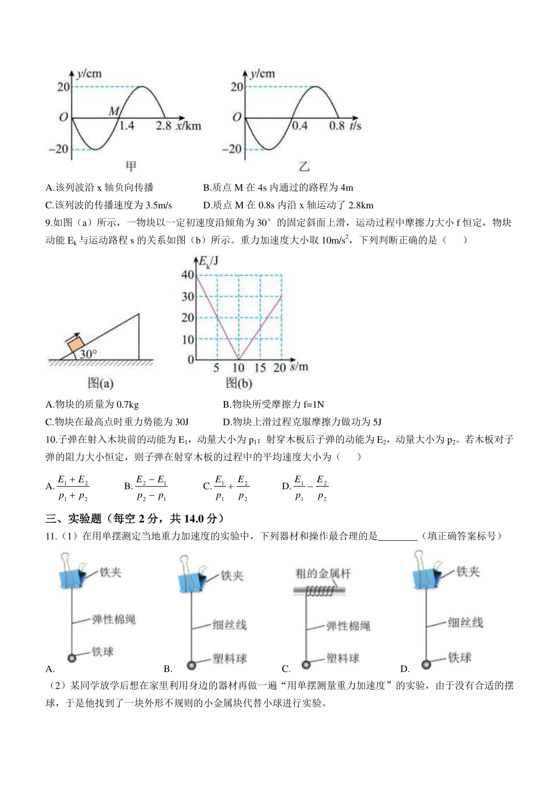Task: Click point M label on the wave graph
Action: [x=114, y=111]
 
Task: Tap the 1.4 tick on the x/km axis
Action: [x=126, y=126]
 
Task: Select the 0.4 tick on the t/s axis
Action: [x=299, y=126]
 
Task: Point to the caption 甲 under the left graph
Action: [x=131, y=166]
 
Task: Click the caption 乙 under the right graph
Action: [x=304, y=166]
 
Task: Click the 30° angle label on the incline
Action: [x=88, y=354]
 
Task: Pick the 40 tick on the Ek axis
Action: [x=188, y=274]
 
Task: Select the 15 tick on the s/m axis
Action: [x=260, y=368]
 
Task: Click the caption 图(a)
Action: [x=100, y=383]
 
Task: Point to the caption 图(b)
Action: [x=239, y=383]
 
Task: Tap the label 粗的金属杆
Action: [x=323, y=573]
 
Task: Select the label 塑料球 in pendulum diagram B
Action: [x=230, y=658]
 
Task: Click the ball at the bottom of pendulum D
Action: [x=426, y=664]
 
